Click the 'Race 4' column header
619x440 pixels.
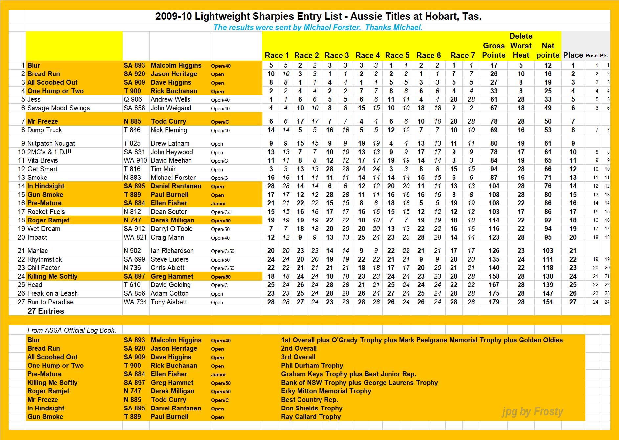[367, 55]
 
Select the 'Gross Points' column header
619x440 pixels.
[494, 50]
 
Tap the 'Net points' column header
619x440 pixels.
[547, 50]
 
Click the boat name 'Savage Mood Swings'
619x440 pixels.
[58, 108]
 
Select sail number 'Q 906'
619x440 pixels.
[133, 99]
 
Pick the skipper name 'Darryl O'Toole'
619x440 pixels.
[171, 229]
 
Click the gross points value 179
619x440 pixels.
[494, 302]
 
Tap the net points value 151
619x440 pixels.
[548, 302]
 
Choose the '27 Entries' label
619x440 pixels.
[46, 311]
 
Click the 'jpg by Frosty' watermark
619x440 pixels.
[532, 411]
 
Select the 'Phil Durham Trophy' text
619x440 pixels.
[312, 366]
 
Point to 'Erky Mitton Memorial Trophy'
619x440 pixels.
[326, 391]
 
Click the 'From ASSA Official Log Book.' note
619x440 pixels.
[72, 330]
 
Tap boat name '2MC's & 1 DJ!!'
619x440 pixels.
[49, 152]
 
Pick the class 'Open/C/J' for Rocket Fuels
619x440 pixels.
[221, 212]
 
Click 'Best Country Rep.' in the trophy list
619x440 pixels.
[309, 400]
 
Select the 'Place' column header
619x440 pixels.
[573, 55]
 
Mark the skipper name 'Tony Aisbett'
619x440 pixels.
[169, 302]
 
